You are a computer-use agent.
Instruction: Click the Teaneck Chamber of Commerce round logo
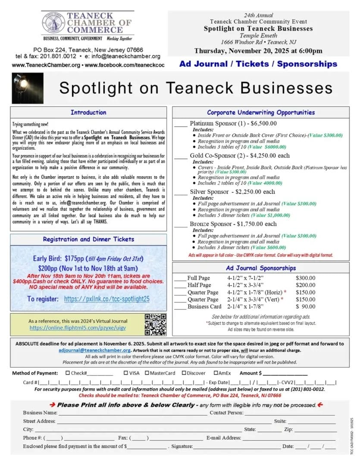click(x=53, y=22)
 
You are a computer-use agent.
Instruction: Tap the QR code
click(x=155, y=324)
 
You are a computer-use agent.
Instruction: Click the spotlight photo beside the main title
click(x=27, y=88)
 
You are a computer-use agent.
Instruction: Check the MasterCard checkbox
click(x=146, y=373)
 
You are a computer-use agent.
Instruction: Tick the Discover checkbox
click(x=184, y=373)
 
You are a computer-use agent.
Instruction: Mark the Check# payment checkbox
click(x=67, y=373)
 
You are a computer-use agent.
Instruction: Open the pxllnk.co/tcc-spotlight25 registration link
click(x=106, y=299)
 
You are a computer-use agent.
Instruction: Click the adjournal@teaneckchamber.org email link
click(x=94, y=350)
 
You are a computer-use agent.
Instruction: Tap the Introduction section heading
click(x=88, y=113)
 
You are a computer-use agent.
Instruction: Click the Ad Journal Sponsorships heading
click(x=261, y=268)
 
